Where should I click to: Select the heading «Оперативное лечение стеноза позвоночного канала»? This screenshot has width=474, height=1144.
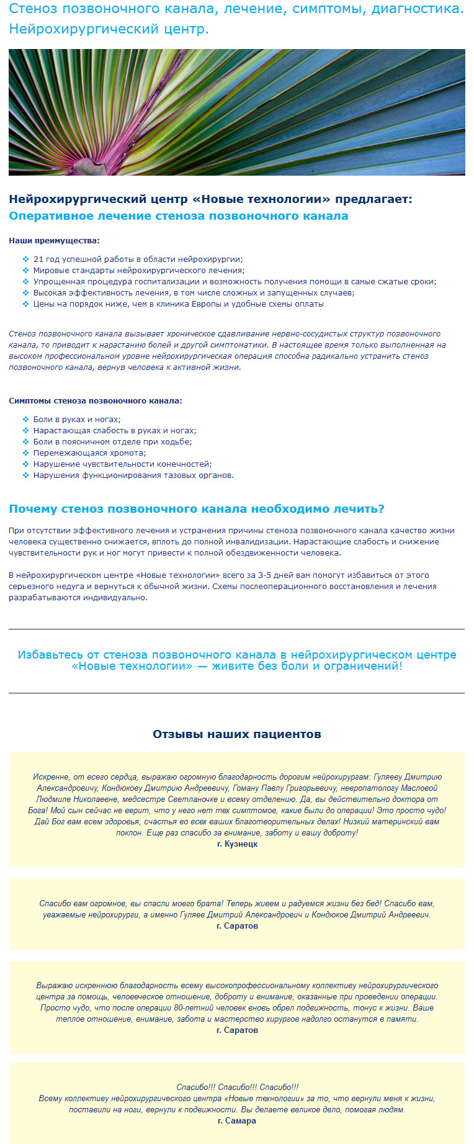pos(178,216)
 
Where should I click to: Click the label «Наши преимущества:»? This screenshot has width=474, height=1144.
pos(54,241)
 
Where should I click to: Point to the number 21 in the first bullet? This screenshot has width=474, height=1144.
pos(38,259)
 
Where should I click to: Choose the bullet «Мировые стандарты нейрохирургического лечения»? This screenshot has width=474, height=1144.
pos(139,271)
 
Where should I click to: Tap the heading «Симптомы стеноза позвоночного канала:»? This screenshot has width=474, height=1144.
pos(96,401)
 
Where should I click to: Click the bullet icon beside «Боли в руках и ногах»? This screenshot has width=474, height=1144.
pos(25,420)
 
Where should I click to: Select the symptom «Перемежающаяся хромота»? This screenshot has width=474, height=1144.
pos(89,453)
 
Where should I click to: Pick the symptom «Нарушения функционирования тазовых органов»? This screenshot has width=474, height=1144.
pos(133,475)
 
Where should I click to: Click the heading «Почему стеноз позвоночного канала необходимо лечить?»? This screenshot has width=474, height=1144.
pos(197,509)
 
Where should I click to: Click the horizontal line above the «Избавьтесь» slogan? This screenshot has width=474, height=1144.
pos(236,629)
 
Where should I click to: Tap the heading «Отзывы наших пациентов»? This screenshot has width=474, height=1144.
pos(237,734)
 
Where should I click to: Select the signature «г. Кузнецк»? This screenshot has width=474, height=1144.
pos(237,844)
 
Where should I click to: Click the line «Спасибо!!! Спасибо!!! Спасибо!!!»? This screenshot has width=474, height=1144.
pos(237,1088)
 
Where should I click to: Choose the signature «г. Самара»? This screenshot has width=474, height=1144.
pos(237,1121)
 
